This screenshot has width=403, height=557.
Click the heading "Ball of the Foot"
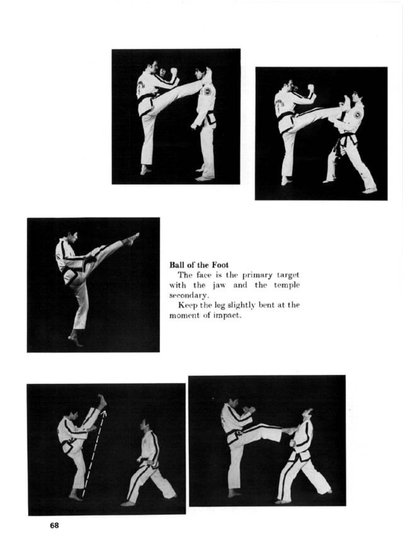pos(199,265)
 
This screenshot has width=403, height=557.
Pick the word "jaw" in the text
pos(220,285)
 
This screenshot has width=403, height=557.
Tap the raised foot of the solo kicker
pos(132,239)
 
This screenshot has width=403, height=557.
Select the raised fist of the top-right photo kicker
pos(311,87)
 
